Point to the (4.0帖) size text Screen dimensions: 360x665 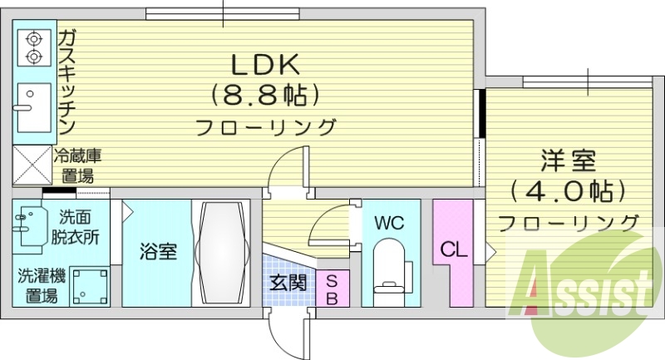(568, 190)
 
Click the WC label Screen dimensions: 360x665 (388, 223)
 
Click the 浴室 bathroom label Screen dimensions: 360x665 (157, 250)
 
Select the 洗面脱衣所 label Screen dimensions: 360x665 (78, 227)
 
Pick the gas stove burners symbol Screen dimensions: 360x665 (34, 47)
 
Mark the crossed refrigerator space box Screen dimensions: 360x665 (32, 165)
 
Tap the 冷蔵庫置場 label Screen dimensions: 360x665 (77, 165)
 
